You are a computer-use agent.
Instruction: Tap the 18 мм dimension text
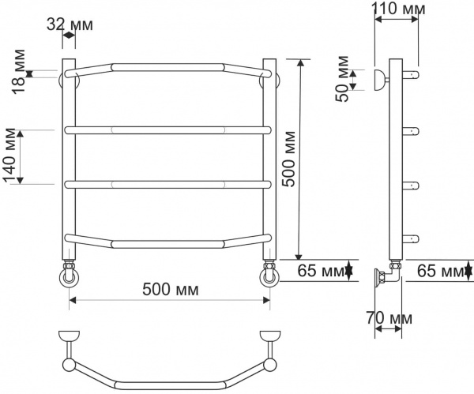[18, 72]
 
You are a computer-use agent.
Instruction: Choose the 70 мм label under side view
[390, 317]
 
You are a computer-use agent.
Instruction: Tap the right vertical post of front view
[269, 158]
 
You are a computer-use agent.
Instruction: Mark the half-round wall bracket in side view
[379, 79]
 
